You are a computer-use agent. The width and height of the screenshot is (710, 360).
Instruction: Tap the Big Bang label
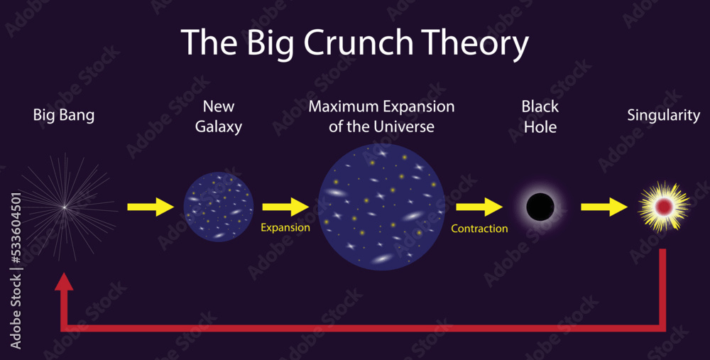pyautogui.click(x=64, y=115)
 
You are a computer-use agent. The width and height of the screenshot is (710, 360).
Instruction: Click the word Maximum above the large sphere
pyautogui.click(x=343, y=107)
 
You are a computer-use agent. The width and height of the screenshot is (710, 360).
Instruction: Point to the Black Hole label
pyautogui.click(x=540, y=116)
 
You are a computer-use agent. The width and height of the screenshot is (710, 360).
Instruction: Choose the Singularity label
pyautogui.click(x=663, y=115)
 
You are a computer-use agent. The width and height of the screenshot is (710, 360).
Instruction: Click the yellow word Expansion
pyautogui.click(x=285, y=228)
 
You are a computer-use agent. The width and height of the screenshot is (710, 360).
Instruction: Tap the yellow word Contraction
pyautogui.click(x=479, y=229)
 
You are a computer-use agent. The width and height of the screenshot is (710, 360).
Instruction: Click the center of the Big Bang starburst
pyautogui.click(x=64, y=207)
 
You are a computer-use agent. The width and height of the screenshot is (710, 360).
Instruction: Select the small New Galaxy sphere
pyautogui.click(x=219, y=207)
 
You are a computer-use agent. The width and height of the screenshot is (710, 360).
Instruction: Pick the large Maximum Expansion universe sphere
pyautogui.click(x=381, y=207)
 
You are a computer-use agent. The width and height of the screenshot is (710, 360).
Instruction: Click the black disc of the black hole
pyautogui.click(x=540, y=207)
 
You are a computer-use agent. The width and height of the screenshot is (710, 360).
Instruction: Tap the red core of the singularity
pyautogui.click(x=664, y=207)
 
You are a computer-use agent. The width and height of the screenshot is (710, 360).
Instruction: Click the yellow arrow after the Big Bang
pyautogui.click(x=151, y=207)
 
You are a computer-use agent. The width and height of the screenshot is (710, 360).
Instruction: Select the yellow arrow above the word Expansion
pyautogui.click(x=285, y=207)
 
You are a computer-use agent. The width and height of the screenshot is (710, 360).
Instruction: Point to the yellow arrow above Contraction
pyautogui.click(x=479, y=207)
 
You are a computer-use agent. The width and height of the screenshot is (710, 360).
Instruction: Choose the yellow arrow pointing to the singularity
pyautogui.click(x=604, y=207)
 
